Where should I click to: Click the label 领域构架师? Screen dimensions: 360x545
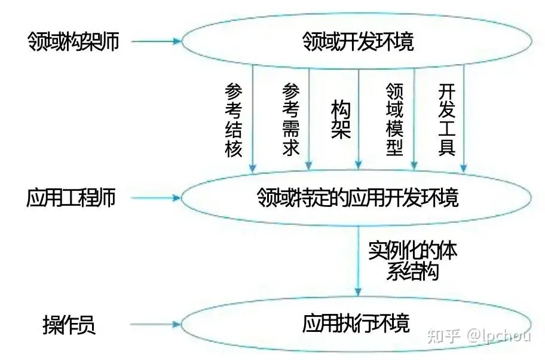(x=71, y=41)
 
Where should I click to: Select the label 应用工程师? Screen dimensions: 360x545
(x=71, y=198)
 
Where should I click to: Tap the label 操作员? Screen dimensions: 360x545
(x=69, y=327)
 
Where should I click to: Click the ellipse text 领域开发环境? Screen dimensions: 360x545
(x=358, y=42)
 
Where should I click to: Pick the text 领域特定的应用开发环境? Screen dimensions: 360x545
(x=358, y=197)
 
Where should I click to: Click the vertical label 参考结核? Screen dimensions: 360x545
(x=234, y=120)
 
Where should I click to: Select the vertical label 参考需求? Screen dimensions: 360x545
(x=290, y=120)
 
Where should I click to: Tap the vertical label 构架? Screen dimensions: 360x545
(x=341, y=120)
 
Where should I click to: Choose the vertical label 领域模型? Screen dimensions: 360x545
(x=395, y=120)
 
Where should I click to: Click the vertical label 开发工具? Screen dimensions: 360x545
(x=447, y=120)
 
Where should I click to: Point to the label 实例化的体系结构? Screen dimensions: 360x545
(x=412, y=261)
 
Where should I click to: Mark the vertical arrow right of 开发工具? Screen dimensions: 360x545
(x=464, y=120)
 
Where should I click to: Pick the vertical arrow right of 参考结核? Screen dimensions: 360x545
(x=253, y=120)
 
